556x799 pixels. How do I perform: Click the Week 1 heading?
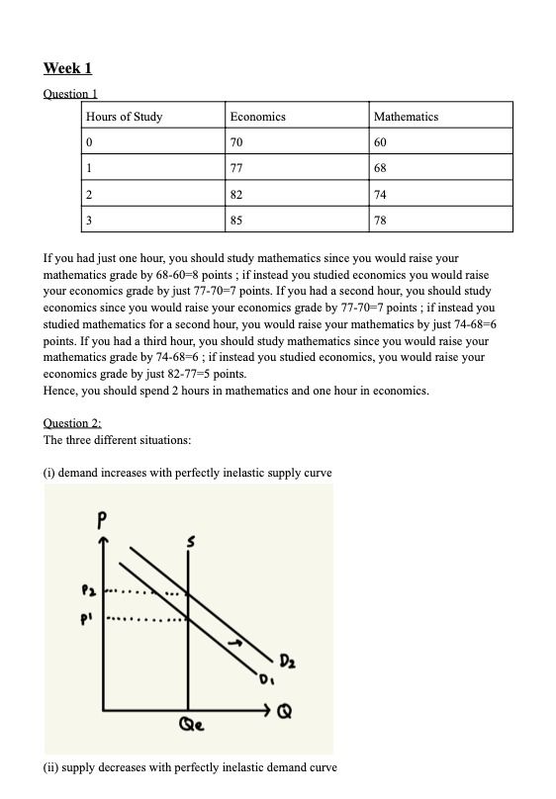[x=67, y=68]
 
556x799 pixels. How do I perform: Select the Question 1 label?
[x=70, y=94]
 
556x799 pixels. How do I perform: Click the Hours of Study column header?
[x=125, y=117]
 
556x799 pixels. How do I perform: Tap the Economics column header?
[x=257, y=117]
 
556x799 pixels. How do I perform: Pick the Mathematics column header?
[x=406, y=117]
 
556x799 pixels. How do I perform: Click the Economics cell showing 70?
[x=236, y=142]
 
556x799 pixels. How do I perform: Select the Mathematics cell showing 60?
[x=381, y=142]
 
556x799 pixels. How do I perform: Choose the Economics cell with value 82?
[x=236, y=194]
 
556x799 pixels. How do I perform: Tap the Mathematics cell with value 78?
[x=381, y=220]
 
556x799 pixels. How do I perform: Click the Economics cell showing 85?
[x=236, y=220]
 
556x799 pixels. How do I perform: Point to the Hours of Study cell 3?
[x=90, y=220]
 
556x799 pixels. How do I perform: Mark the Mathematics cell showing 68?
[x=381, y=168]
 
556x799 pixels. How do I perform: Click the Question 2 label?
[x=72, y=423]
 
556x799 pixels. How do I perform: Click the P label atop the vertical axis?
[x=101, y=517]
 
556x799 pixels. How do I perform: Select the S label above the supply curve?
[x=191, y=542]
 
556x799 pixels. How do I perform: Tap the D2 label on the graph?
[x=286, y=660]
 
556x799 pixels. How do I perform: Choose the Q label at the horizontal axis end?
[x=287, y=710]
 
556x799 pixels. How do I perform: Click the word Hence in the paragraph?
[x=60, y=391]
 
